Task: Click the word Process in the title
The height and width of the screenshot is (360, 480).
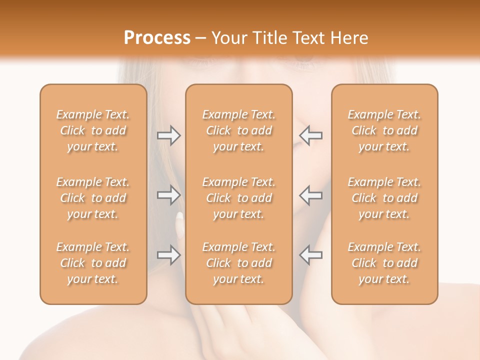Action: [x=157, y=38]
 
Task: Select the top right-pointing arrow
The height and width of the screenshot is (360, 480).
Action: [x=168, y=135]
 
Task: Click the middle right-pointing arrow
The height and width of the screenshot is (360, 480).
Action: [x=168, y=194]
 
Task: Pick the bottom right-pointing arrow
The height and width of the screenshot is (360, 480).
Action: [x=168, y=254]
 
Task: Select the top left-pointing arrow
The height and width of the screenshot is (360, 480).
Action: [x=310, y=135]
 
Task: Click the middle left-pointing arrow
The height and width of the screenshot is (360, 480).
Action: [x=310, y=194]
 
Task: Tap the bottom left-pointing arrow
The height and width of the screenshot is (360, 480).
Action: [x=310, y=254]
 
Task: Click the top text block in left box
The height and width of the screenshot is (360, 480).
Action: [x=93, y=130]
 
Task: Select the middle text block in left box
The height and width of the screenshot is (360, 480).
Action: [x=93, y=198]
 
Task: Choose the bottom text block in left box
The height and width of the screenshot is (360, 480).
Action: [x=93, y=263]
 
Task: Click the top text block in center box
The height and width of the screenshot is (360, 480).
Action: [x=238, y=130]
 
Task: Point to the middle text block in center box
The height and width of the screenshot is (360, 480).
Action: [x=238, y=198]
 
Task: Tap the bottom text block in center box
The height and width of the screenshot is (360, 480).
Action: [x=238, y=263]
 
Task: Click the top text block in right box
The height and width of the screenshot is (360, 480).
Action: [x=384, y=130]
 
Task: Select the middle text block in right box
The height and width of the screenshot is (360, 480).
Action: [x=384, y=198]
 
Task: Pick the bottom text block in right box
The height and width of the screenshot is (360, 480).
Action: [x=384, y=263]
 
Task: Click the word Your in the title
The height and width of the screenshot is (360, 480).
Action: [x=228, y=38]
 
